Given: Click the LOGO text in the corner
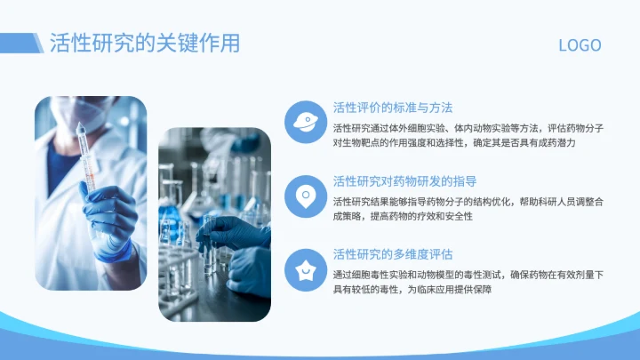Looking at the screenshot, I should (580, 45).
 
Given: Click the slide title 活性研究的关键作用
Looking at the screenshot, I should (144, 43).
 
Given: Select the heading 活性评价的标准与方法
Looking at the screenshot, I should (392, 108).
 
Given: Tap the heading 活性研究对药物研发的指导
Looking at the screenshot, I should (404, 180).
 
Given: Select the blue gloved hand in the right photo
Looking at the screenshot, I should (235, 233).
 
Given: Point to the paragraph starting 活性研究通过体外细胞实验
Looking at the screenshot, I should (468, 135).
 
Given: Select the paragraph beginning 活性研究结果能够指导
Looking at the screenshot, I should (468, 209).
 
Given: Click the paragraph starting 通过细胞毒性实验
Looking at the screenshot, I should (468, 283).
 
